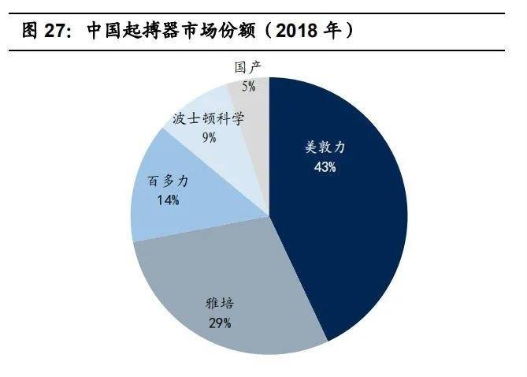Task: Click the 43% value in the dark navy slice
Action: (325, 167)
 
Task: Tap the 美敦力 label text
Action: (325, 147)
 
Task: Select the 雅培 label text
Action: (219, 303)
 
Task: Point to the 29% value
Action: (219, 323)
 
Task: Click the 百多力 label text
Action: (168, 181)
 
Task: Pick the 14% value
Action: (168, 200)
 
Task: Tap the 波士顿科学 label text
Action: (208, 118)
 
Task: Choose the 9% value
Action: (209, 137)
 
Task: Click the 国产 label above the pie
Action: (249, 67)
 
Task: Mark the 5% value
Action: (249, 86)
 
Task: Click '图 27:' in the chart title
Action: (47, 31)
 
